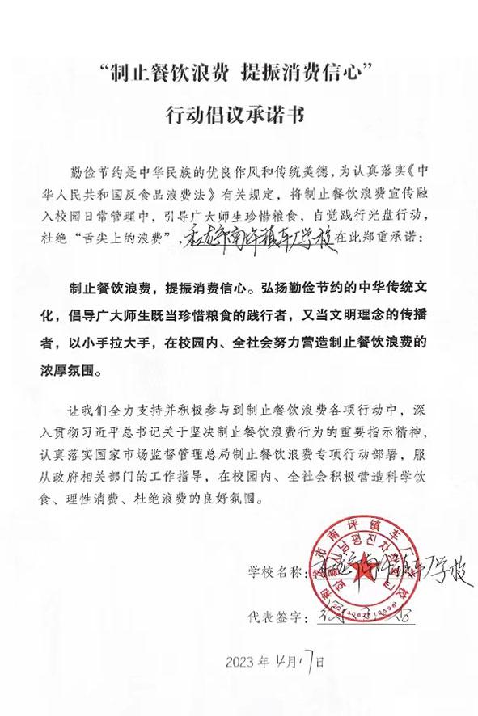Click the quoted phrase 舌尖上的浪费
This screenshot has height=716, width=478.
pos(133,238)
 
